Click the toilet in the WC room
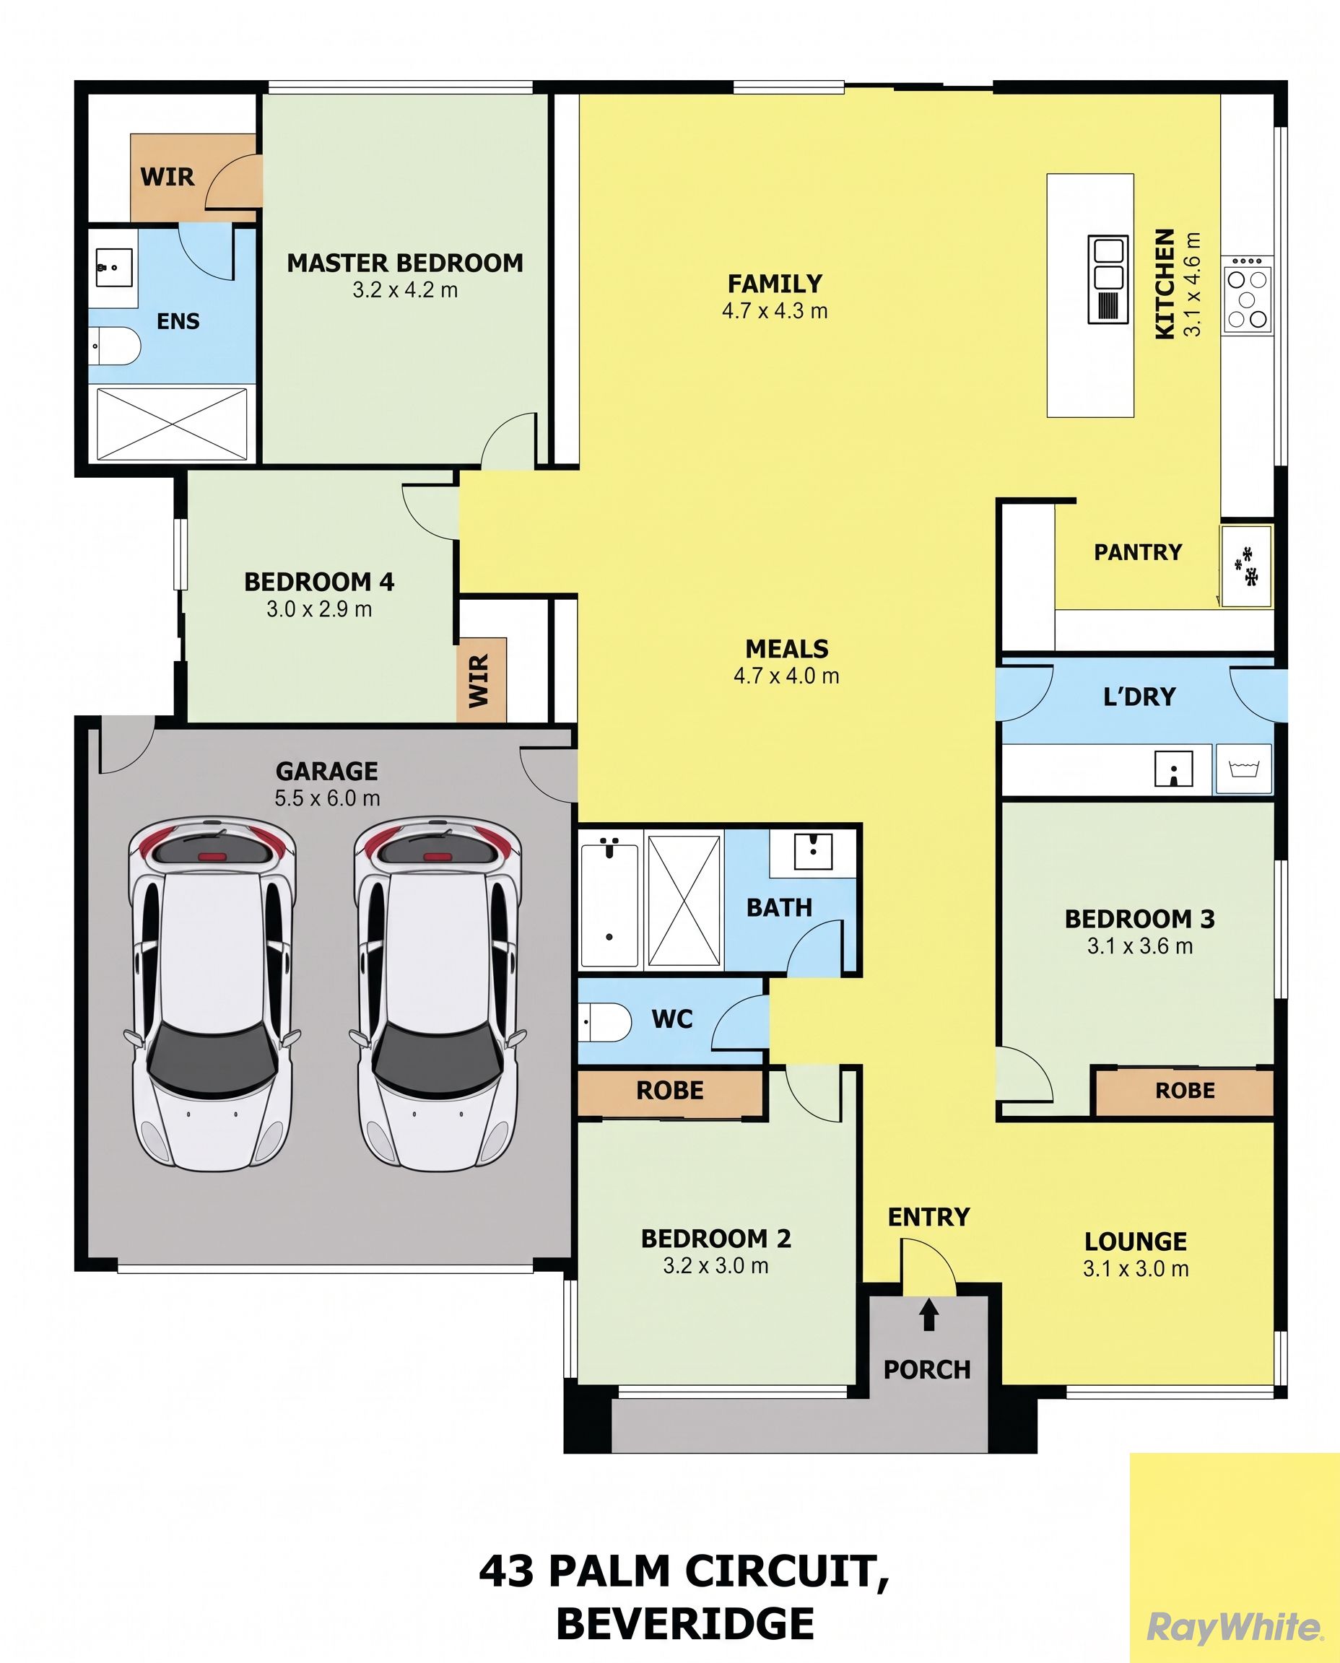(605, 1022)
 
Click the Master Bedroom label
(405, 263)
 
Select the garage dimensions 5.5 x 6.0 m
(327, 798)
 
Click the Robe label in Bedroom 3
(1185, 1091)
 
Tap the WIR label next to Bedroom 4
(479, 681)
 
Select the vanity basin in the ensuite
(113, 268)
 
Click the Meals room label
(786, 648)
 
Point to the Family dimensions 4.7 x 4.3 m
(775, 310)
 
